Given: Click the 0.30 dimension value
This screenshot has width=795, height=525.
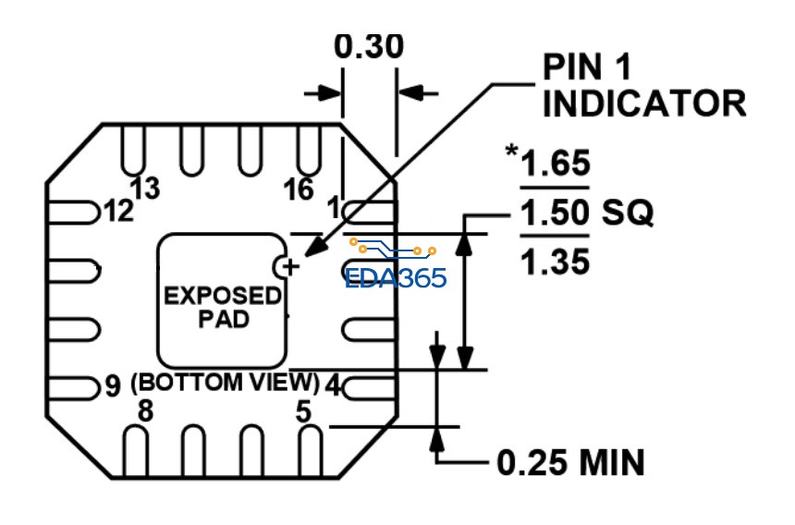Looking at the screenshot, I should click(369, 48).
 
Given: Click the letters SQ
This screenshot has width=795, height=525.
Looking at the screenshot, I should click(629, 214).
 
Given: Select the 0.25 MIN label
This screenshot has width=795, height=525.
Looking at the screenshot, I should click(570, 461).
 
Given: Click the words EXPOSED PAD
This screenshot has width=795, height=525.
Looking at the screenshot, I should click(222, 308).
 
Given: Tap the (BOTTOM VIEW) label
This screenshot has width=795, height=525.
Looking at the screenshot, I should click(226, 382).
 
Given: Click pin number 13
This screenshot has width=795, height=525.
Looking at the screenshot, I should click(145, 189).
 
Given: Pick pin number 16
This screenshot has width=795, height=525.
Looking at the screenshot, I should click(299, 189).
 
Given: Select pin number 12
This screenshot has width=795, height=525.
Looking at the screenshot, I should click(118, 212).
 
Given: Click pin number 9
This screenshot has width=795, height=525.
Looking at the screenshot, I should click(112, 385).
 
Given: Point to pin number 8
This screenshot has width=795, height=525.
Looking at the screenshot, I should click(145, 411).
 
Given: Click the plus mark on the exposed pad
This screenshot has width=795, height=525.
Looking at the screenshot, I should click(291, 267).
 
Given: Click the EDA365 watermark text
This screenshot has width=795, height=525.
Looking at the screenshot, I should click(396, 278).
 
